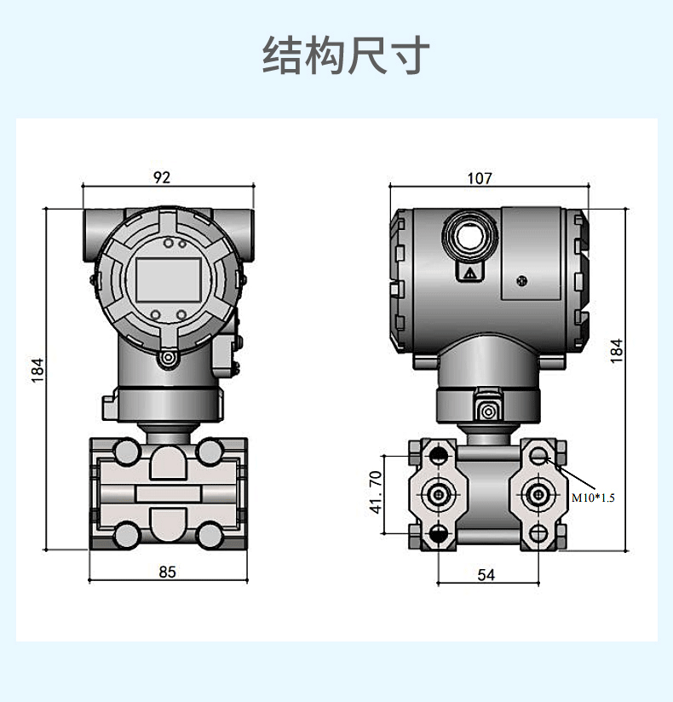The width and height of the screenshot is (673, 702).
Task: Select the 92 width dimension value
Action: click(x=162, y=177)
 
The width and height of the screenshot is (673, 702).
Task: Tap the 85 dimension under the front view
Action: click(x=167, y=572)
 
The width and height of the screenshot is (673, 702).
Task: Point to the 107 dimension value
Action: click(x=480, y=178)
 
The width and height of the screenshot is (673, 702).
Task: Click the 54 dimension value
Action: click(x=486, y=575)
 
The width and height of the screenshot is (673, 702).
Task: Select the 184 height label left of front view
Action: click(x=37, y=369)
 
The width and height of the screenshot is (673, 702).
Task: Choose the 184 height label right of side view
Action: click(x=617, y=350)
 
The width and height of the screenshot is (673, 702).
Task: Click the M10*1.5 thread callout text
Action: click(x=592, y=498)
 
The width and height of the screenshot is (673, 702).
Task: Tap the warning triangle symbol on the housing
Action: click(x=469, y=273)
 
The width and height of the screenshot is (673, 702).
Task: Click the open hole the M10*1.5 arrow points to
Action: click(x=538, y=457)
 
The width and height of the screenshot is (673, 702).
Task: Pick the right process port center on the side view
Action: click(x=538, y=494)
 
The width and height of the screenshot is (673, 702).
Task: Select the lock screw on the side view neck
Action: click(x=488, y=412)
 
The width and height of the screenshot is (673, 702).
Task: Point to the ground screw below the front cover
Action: click(x=168, y=359)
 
